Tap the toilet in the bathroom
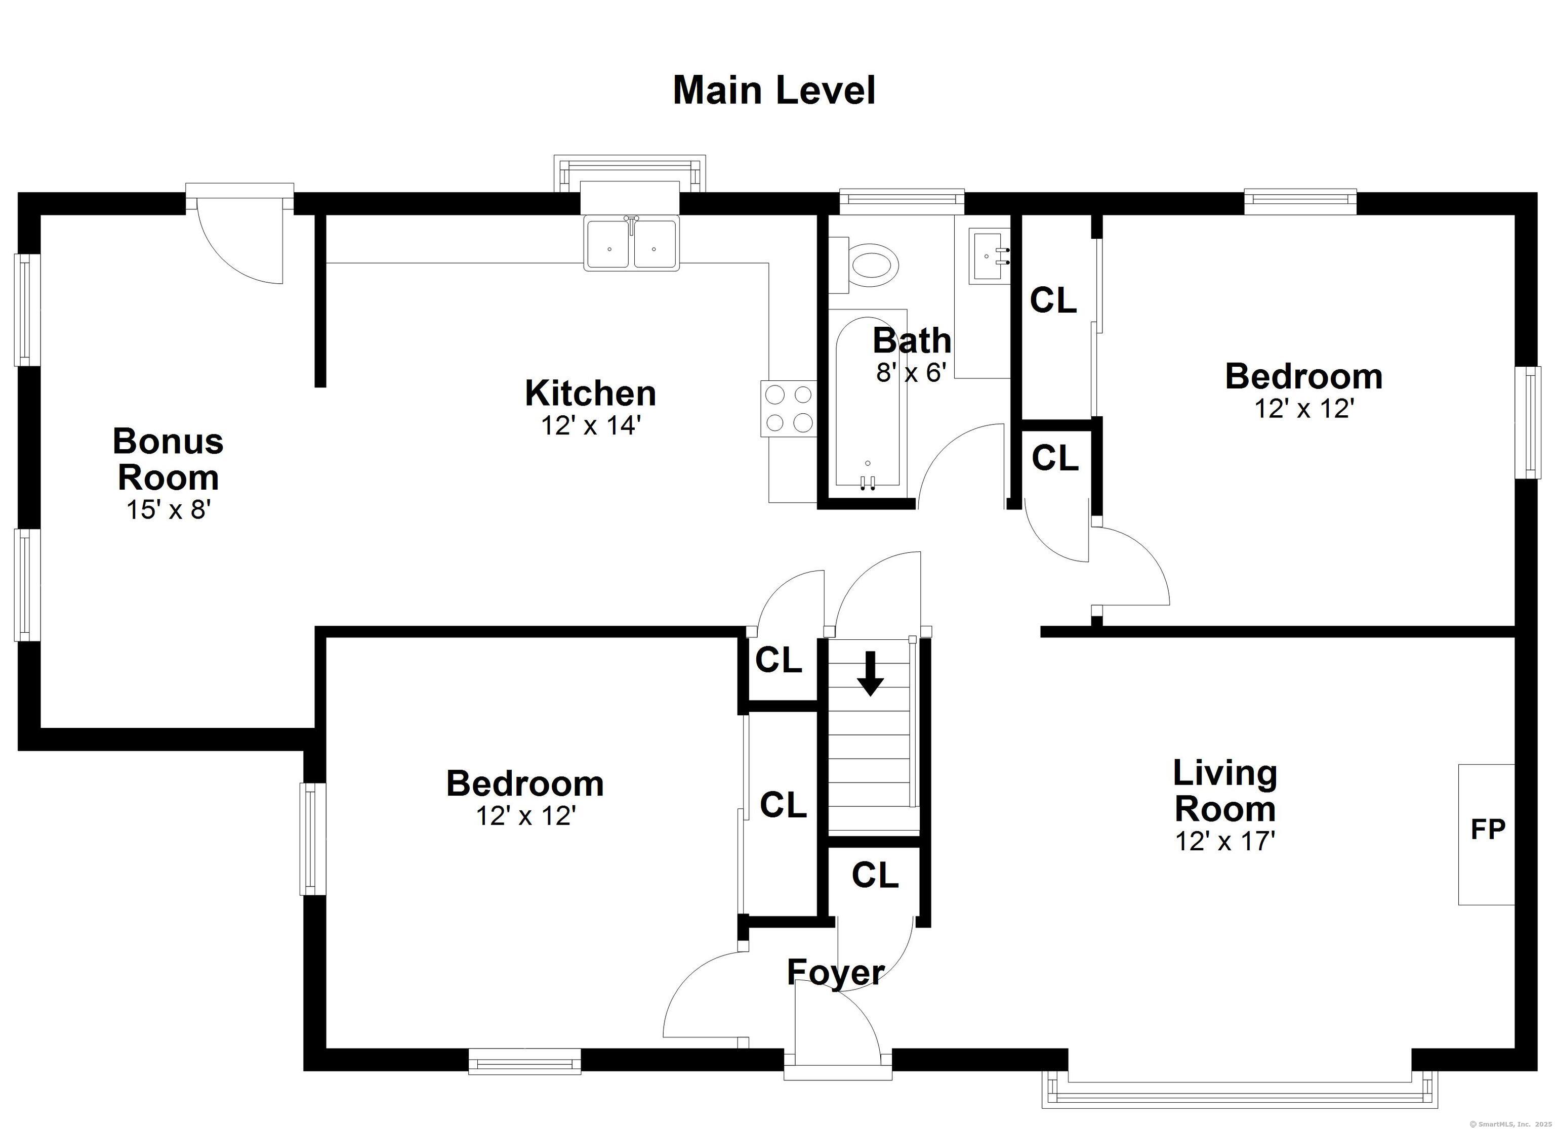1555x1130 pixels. click(x=863, y=265)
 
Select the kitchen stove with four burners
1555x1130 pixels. click(x=789, y=408)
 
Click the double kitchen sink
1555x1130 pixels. click(x=631, y=243)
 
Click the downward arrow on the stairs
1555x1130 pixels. click(x=870, y=674)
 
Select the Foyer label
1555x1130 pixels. click(x=836, y=972)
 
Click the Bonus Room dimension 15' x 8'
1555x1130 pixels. click(x=167, y=510)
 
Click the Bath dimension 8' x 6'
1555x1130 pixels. click(x=911, y=372)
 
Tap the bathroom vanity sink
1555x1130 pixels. click(x=990, y=255)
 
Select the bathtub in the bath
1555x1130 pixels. click(x=867, y=404)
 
